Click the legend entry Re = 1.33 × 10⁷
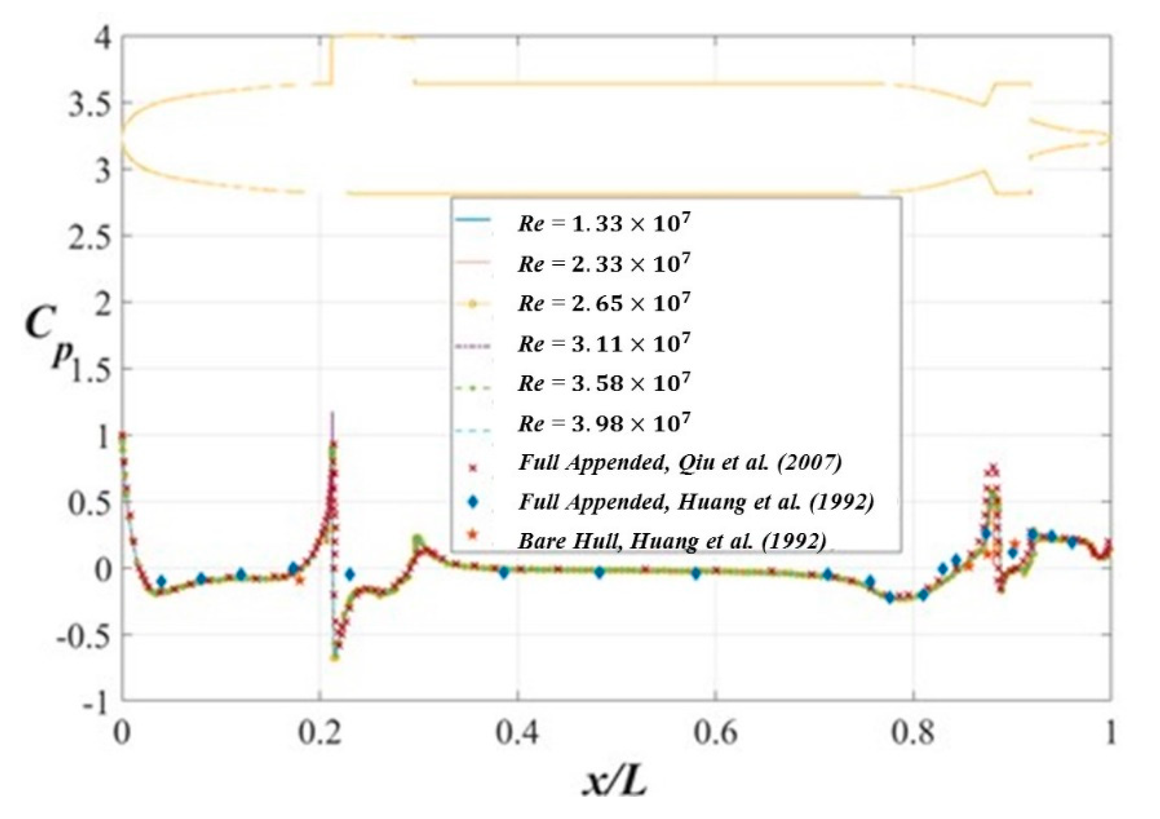click(x=603, y=223)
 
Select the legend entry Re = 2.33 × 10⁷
click(x=603, y=263)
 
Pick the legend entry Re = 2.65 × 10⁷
click(x=603, y=303)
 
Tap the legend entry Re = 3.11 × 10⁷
click(x=603, y=343)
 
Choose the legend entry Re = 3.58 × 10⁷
click(x=603, y=383)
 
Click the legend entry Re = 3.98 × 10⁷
click(x=603, y=423)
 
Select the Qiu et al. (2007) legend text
click(x=680, y=463)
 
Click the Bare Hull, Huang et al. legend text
click(x=672, y=542)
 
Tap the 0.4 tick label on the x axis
click(x=517, y=733)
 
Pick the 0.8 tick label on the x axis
click(x=912, y=733)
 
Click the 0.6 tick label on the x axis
click(x=714, y=733)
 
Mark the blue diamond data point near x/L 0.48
click(x=599, y=572)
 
